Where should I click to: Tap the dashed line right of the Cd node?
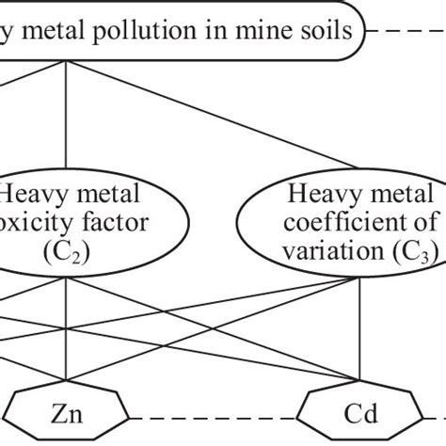point(428,416)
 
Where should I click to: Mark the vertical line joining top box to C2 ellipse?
point(65,113)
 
